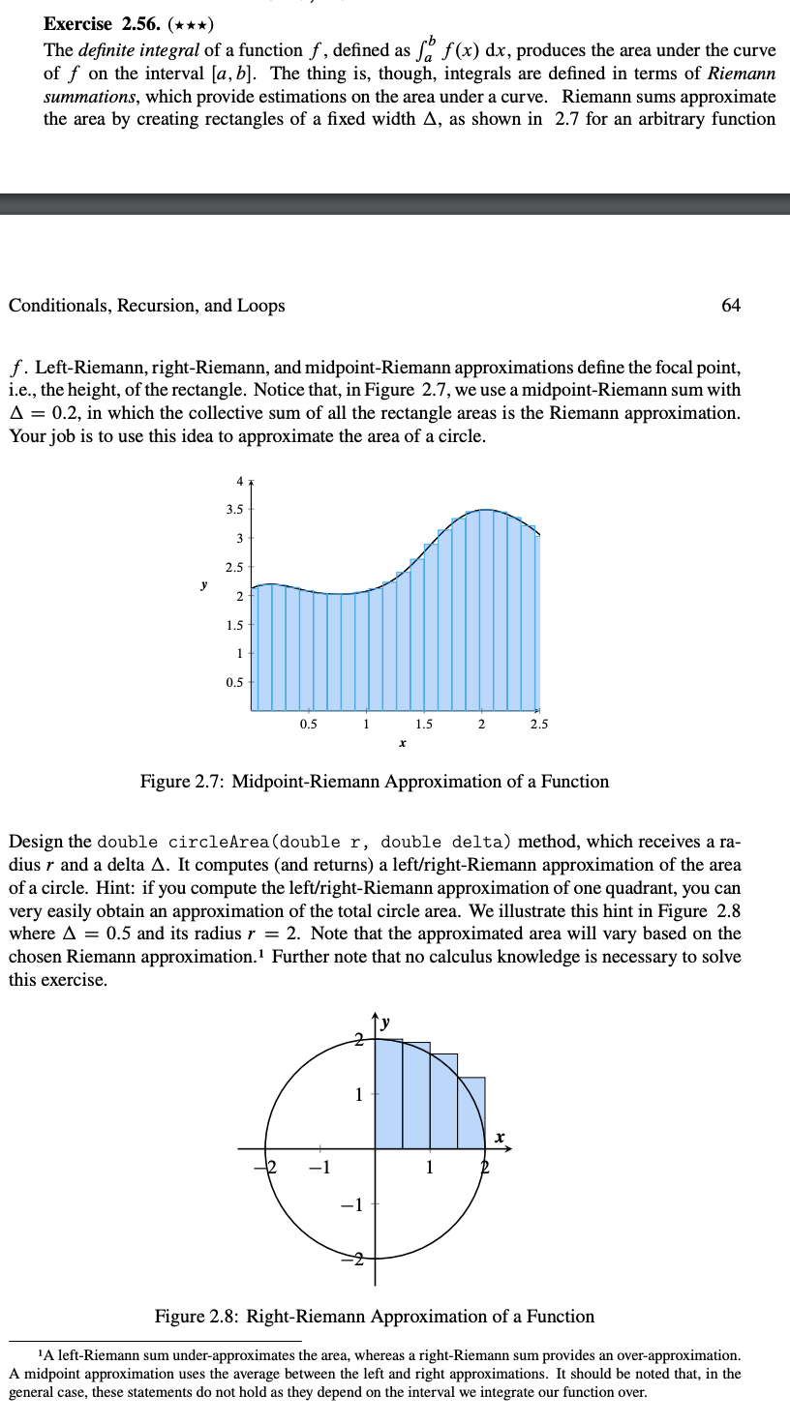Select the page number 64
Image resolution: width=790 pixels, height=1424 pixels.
731,306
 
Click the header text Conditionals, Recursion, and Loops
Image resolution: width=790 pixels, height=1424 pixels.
147,306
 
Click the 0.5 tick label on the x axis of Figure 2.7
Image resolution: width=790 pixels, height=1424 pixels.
308,725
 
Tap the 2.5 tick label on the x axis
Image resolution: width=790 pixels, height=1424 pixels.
539,725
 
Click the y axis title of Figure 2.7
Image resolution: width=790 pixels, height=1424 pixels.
202,584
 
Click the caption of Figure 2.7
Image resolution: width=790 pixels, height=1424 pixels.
375,782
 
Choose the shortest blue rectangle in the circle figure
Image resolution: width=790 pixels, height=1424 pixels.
471,1112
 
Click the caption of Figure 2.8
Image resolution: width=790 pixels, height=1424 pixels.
375,1317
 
